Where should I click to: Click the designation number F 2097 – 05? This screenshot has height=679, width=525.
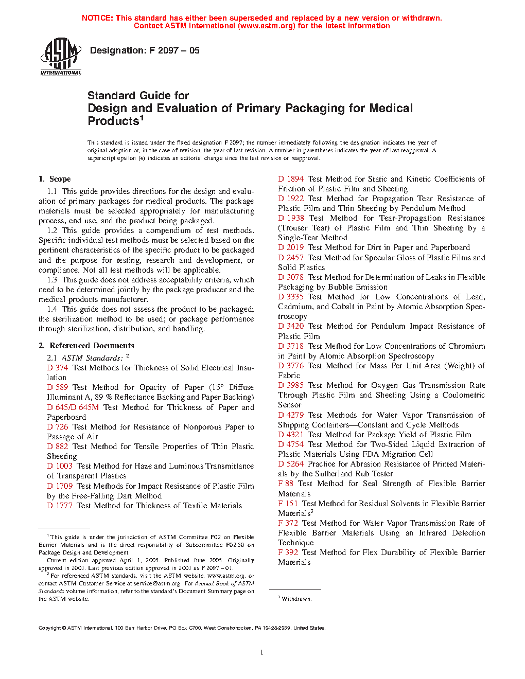[x=174, y=50]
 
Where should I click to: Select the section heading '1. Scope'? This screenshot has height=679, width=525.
[x=55, y=179]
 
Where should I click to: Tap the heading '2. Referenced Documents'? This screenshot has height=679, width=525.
[x=86, y=346]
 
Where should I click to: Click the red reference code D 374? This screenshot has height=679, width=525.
[x=58, y=368]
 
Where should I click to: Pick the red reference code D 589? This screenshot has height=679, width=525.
[x=58, y=387]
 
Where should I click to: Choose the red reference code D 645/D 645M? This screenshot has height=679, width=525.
[x=73, y=407]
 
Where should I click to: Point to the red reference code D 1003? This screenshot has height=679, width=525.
[x=60, y=466]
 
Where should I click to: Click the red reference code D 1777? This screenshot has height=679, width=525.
[x=60, y=506]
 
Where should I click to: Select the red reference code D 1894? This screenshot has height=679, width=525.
[x=291, y=179]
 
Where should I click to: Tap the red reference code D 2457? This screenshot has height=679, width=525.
[x=291, y=258]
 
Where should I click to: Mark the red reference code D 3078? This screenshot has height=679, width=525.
[x=291, y=277]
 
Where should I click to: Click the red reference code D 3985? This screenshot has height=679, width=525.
[x=291, y=385]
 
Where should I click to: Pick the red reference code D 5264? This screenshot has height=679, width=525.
[x=291, y=464]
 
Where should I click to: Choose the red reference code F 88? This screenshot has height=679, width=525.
[x=286, y=484]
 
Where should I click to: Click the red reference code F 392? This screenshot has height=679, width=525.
[x=288, y=552]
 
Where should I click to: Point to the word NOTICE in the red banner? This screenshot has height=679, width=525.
[x=97, y=18]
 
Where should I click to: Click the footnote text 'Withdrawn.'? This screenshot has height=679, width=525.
[x=296, y=599]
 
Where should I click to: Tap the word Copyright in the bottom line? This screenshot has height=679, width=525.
[x=50, y=628]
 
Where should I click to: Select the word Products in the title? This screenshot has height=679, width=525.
[x=113, y=121]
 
